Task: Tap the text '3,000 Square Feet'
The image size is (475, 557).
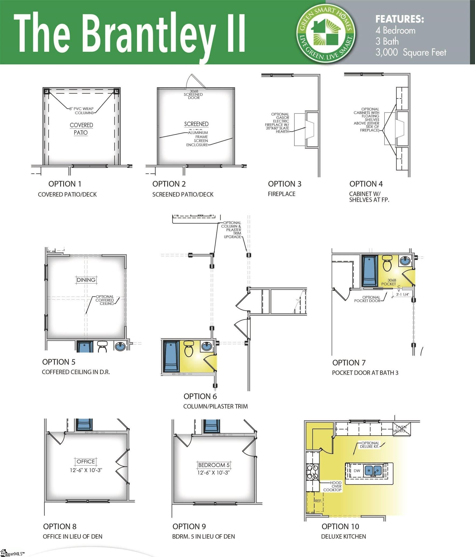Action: click(411, 52)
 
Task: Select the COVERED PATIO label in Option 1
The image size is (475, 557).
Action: click(81, 129)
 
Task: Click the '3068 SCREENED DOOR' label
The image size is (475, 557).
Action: click(193, 95)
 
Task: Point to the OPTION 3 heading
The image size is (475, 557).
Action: click(285, 184)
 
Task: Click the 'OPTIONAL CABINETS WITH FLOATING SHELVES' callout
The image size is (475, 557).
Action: click(367, 120)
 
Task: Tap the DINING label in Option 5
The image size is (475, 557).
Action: click(86, 280)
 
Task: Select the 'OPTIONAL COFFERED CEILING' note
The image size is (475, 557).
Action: click(105, 300)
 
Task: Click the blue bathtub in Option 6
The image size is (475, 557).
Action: click(171, 356)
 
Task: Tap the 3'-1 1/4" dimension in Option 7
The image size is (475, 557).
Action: click(403, 294)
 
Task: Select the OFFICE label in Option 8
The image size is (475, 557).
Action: click(86, 461)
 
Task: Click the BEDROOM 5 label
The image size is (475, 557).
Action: click(214, 465)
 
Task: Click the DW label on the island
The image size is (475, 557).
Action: click(357, 471)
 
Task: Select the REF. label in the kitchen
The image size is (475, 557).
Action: click(318, 501)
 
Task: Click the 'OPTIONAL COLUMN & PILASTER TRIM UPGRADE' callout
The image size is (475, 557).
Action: click(232, 230)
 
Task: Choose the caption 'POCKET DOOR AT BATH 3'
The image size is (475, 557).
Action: click(365, 373)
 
